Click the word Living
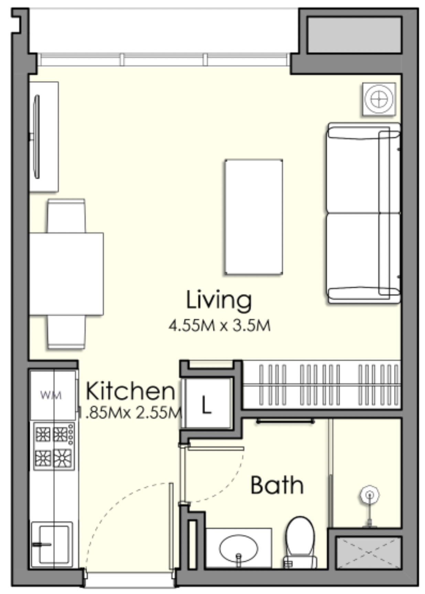coord(219,300)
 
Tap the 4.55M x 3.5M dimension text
coord(219,325)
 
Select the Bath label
coord(277,485)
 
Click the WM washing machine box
coord(52,395)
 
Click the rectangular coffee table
coord(254,217)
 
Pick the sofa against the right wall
coord(363,213)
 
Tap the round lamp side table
coord(379,99)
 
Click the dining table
coord(66,274)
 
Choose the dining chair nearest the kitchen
coord(66,332)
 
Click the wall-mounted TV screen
coord(36,137)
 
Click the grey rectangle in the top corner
coord(354,35)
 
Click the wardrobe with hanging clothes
coord(322,385)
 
